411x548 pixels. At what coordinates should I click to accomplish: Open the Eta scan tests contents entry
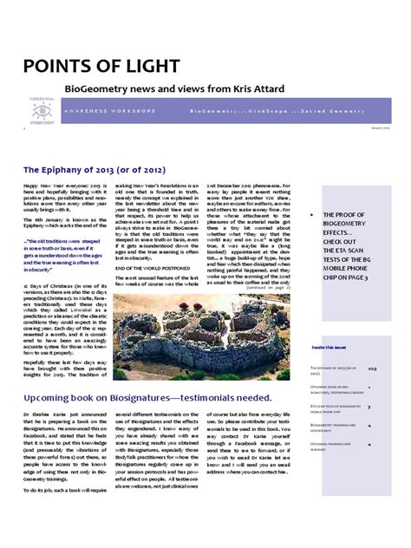336,407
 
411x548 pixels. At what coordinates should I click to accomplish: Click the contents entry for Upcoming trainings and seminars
336,446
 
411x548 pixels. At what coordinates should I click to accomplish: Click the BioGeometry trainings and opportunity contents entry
336,427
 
